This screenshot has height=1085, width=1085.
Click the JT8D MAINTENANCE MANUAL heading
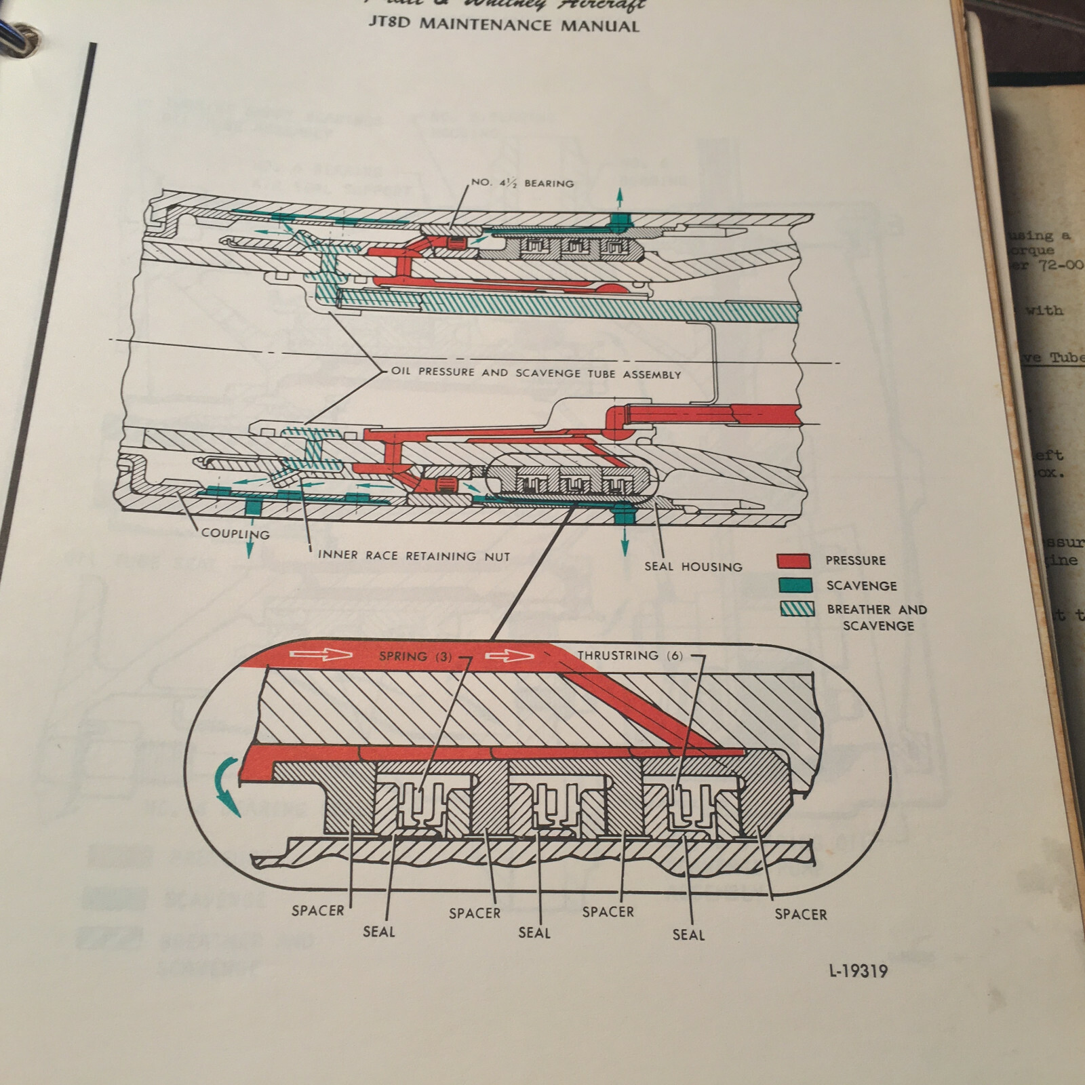(x=504, y=26)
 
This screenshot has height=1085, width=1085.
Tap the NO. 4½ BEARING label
(x=522, y=183)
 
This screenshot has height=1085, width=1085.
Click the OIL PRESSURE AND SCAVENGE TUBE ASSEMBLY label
(x=536, y=373)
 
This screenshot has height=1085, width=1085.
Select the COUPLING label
(x=235, y=534)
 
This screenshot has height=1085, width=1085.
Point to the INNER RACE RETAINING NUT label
(x=414, y=556)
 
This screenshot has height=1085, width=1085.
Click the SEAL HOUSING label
(x=693, y=567)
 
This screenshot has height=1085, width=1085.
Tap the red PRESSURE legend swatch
(x=794, y=561)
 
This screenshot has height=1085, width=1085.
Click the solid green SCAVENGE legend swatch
(x=795, y=585)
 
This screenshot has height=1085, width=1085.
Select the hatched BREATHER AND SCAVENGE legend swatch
(x=797, y=609)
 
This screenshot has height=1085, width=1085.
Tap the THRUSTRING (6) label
(x=630, y=655)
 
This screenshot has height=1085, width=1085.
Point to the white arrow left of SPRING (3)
(x=320, y=654)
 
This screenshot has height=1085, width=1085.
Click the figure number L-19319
(x=858, y=971)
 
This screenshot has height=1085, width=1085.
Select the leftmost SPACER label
(x=317, y=911)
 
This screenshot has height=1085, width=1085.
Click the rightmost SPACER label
(x=800, y=914)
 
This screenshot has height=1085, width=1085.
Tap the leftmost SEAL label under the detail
(x=378, y=932)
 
